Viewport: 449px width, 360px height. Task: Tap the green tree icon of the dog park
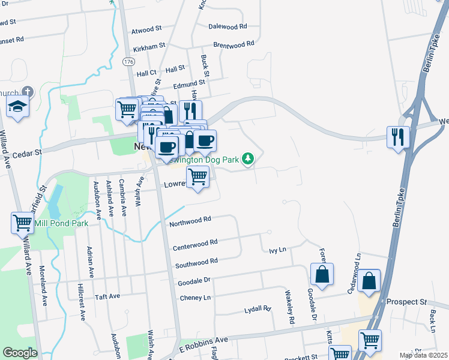[247, 158]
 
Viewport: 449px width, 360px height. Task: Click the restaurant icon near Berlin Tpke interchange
[399, 137]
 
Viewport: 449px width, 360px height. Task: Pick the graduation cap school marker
[18, 107]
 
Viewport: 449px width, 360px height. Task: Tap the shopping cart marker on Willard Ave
[23, 223]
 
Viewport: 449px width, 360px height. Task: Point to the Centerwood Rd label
[195, 247]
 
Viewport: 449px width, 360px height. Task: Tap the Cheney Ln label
[196, 298]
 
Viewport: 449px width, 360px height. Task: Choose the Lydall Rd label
[258, 310]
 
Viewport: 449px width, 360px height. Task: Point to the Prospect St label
[406, 301]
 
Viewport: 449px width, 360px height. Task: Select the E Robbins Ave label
[203, 344]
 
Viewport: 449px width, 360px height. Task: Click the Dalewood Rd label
[228, 26]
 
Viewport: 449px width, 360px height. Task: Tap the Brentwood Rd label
[234, 44]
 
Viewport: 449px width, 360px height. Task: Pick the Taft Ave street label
[107, 296]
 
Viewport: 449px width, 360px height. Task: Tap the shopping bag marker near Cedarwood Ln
[369, 281]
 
